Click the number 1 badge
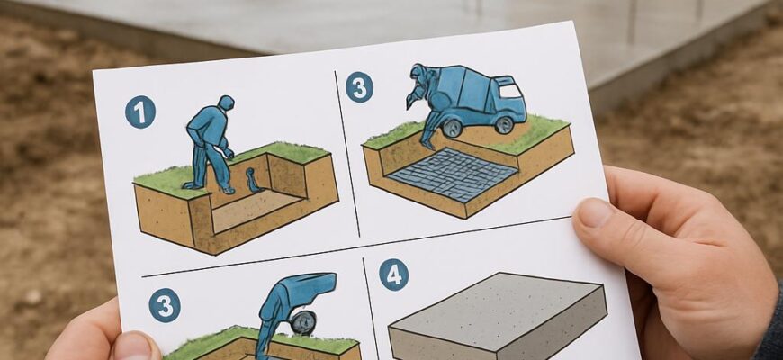coord(140,112)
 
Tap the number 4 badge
coord(393,274)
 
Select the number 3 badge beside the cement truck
coord(359,87)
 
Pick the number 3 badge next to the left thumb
coord(165,305)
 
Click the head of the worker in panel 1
coord(226,103)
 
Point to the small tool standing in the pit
coord(253,180)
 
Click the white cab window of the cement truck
coord(509,90)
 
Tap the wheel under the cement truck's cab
coord(504,125)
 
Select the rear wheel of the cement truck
coord(453,127)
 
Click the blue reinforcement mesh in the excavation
coord(453,175)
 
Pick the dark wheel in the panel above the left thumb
coord(303,323)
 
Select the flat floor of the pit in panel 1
coord(256,210)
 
